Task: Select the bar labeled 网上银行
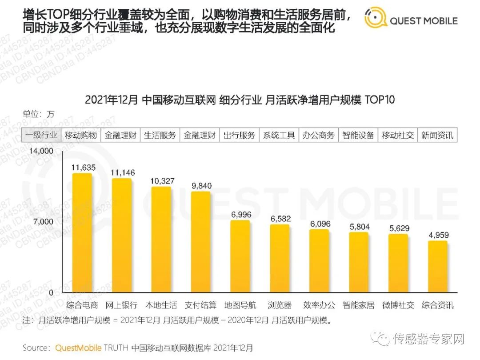click(121, 235)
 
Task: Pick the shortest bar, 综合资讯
click(438, 267)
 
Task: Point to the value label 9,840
click(200, 186)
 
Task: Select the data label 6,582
click(280, 219)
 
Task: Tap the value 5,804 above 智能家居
click(359, 227)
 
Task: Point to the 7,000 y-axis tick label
click(44, 222)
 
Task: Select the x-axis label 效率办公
click(319, 305)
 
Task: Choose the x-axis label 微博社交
click(398, 305)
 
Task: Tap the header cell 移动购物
click(81, 135)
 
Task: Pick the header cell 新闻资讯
click(437, 135)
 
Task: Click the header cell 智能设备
click(358, 135)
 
